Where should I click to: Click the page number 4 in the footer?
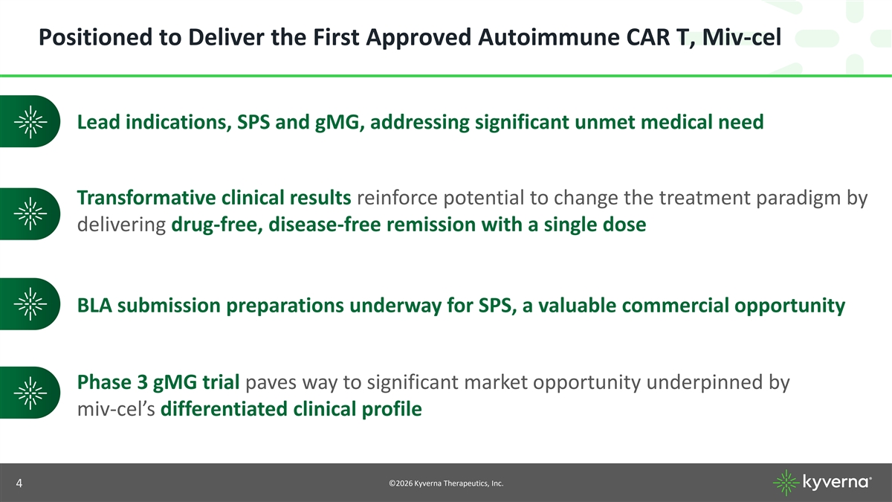pyautogui.click(x=19, y=483)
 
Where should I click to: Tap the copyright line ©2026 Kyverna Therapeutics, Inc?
pyautogui.click(x=446, y=483)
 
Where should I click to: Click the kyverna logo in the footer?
pyautogui.click(x=822, y=483)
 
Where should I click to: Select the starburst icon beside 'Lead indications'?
pyautogui.click(x=30, y=121)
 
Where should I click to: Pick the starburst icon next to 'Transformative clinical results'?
pyautogui.click(x=30, y=214)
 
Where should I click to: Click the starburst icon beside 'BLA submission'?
pyautogui.click(x=30, y=304)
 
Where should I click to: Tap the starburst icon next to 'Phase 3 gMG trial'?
pyautogui.click(x=30, y=393)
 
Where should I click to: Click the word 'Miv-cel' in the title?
pyautogui.click(x=742, y=37)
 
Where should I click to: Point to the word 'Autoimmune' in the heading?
pyautogui.click(x=549, y=37)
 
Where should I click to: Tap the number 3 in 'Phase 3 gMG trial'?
pyautogui.click(x=142, y=382)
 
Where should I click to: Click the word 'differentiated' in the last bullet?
pyautogui.click(x=224, y=409)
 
